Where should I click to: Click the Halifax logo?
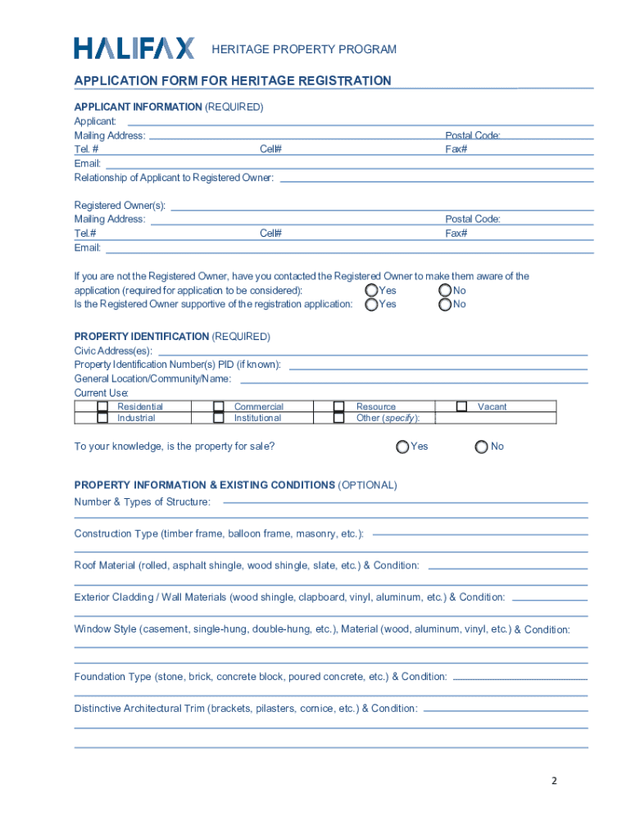pos(134,48)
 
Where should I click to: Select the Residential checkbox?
pos(102,406)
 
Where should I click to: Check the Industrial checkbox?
pos(102,418)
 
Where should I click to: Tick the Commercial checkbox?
pos(219,406)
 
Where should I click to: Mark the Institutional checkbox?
pos(219,418)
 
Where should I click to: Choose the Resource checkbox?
pos(338,406)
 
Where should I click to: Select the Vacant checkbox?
pos(461,406)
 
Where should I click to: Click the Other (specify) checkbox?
pos(338,418)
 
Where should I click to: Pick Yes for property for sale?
pos(402,447)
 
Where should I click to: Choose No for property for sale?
pos(482,447)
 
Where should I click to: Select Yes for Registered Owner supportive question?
pos(372,304)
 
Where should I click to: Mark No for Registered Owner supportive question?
pos(445,304)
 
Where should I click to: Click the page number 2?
pos(554,781)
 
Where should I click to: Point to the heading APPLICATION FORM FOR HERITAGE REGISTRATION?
pos(233,80)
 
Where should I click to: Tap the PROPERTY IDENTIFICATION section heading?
pos(142,337)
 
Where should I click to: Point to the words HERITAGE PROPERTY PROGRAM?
pos(304,50)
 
